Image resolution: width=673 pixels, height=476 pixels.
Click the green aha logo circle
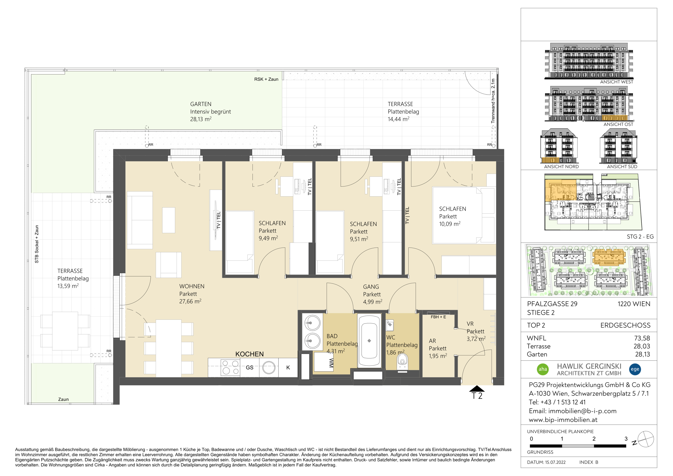[x=543, y=369]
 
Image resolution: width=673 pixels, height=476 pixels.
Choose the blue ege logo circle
[x=635, y=369]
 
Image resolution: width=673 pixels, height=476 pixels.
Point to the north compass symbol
[x=646, y=439]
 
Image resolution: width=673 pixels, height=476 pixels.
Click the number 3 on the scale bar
[x=626, y=439]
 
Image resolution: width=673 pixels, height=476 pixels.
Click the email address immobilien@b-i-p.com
[x=582, y=411]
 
